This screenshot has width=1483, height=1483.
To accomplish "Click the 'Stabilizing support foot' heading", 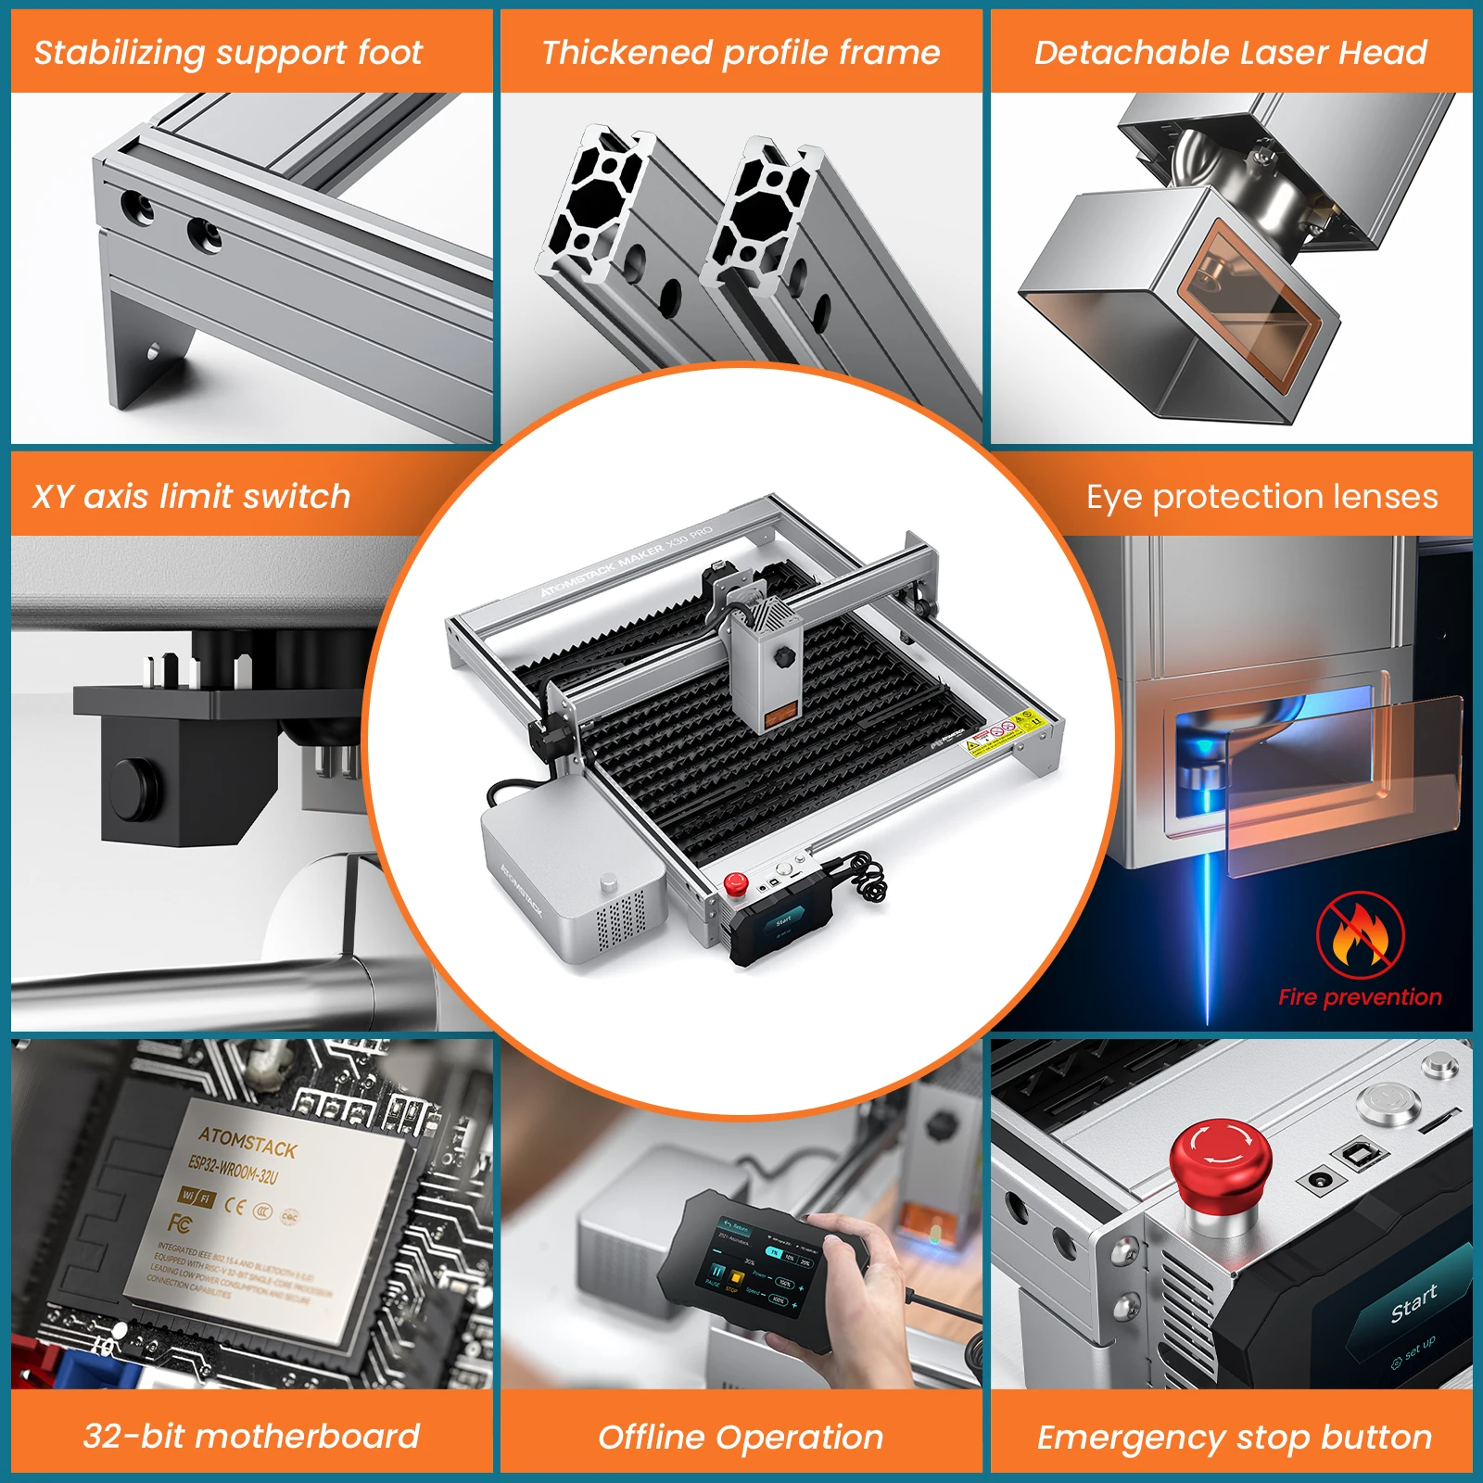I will pos(228,52).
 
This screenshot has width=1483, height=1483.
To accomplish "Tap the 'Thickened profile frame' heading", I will pos(741,52).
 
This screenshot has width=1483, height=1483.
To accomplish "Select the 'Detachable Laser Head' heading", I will pos(1230,52).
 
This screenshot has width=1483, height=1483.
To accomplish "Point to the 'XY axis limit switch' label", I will pos(192,496).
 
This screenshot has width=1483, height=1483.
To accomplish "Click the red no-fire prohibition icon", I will pos(1360,935).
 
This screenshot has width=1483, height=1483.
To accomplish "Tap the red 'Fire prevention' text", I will pos(1360,997).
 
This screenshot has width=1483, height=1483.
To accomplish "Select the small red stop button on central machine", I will pos(736,881).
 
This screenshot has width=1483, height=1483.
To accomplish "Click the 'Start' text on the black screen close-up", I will pos(1413,1303).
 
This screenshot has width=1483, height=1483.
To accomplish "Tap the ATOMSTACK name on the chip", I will pos(247,1142).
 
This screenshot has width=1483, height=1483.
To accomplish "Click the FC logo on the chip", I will pos(180,1224).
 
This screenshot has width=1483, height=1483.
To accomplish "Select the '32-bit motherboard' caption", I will pos(251,1436).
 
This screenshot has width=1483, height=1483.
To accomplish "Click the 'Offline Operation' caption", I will pos(741,1437).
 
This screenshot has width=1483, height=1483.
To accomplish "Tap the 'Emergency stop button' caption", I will pos(1234,1437).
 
